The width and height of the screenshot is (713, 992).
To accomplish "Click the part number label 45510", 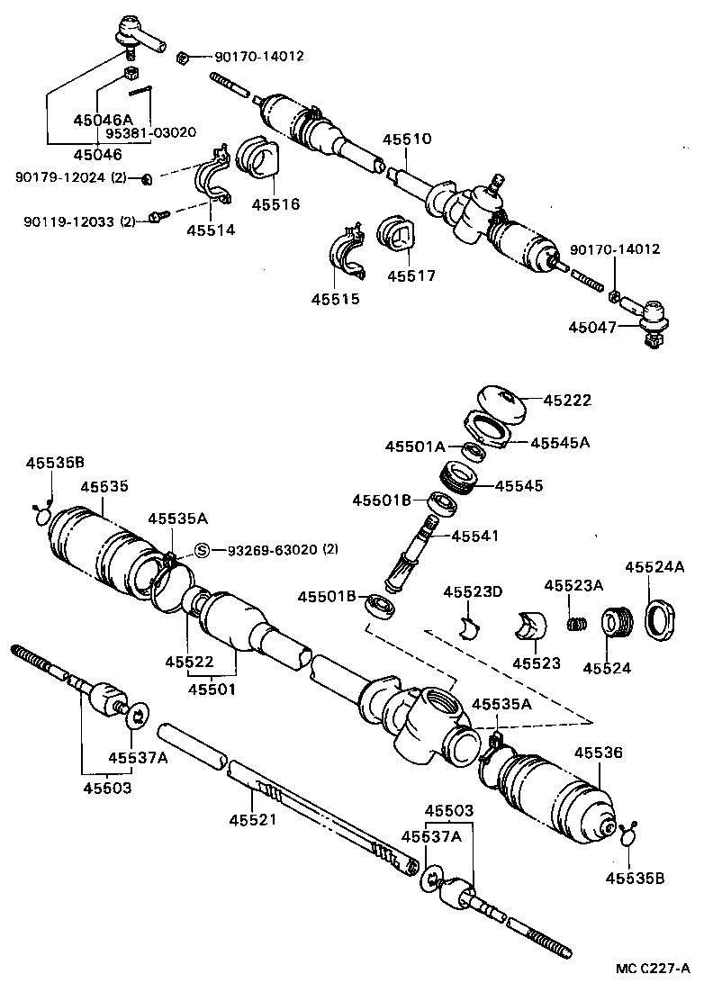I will coord(407,140).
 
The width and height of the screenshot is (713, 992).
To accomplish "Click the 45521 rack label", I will coord(253,819).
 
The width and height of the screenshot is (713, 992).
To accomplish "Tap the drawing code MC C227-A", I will coord(653,968).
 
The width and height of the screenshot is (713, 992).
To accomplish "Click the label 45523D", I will coord(472,591).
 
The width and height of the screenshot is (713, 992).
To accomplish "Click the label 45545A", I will coord(559,442).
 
